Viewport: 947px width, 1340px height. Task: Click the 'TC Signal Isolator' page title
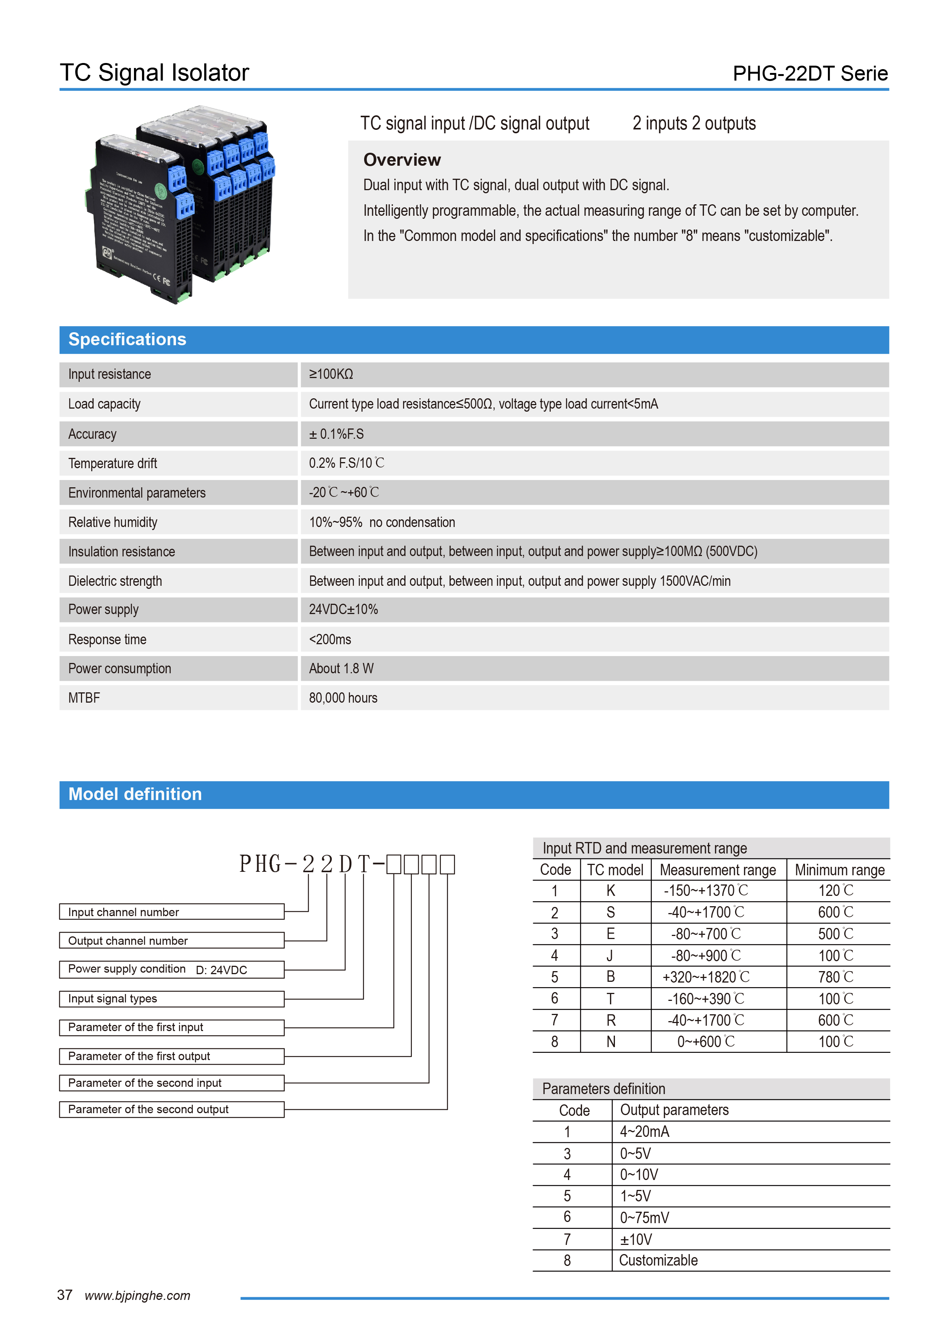click(154, 73)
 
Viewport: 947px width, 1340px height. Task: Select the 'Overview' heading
click(402, 160)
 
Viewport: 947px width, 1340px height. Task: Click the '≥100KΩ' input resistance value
click(331, 374)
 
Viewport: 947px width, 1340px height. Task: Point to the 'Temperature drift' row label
click(113, 463)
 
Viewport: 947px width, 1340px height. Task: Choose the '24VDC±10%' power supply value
click(343, 609)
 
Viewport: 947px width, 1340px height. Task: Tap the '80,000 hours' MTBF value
click(343, 698)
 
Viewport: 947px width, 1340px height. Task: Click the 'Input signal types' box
click(171, 999)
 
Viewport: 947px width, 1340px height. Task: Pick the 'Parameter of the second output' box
click(171, 1109)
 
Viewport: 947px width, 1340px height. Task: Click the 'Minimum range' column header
click(839, 870)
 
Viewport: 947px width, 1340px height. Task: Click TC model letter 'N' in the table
click(611, 1042)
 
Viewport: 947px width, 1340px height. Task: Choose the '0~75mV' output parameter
click(644, 1218)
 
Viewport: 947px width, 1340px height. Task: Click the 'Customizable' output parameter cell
click(658, 1261)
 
